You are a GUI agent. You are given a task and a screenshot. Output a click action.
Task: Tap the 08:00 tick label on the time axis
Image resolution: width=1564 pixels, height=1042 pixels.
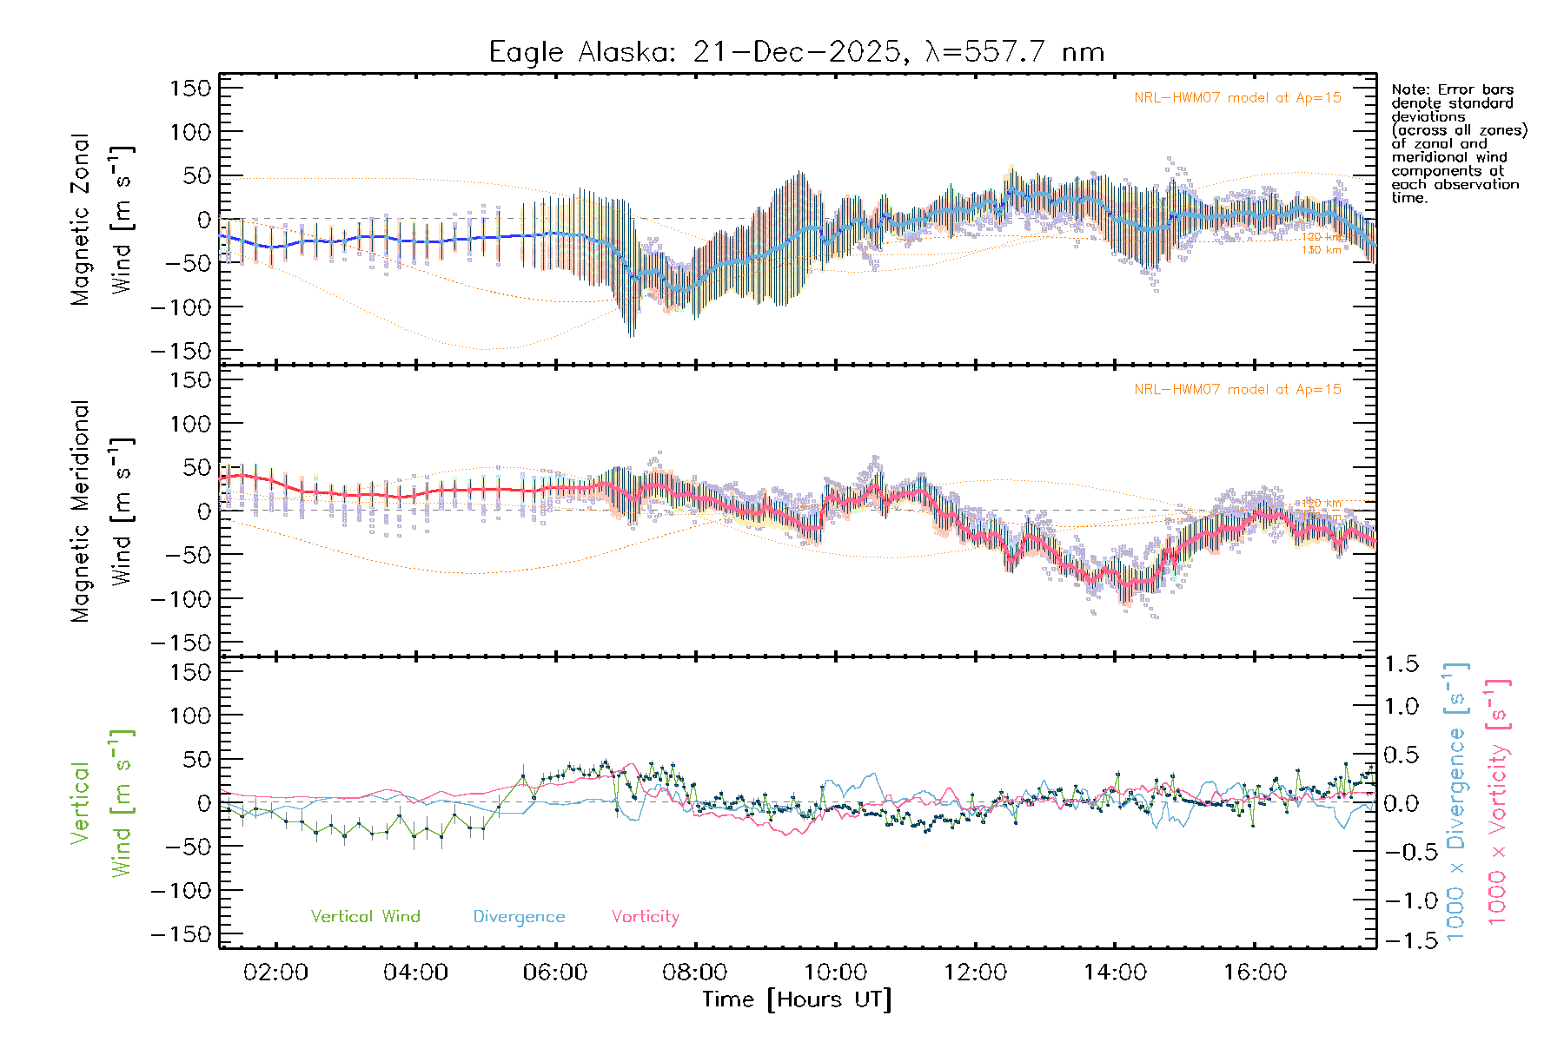(x=695, y=973)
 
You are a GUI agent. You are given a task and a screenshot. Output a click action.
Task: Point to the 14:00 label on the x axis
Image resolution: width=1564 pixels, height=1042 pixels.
(x=1115, y=973)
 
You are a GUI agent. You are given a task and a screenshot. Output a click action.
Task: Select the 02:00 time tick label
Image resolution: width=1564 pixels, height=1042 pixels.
(x=275, y=973)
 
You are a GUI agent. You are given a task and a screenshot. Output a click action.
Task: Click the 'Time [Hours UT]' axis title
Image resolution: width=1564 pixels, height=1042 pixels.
(x=797, y=999)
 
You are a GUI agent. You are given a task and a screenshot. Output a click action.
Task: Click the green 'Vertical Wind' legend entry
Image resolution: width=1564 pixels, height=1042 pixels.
(x=365, y=916)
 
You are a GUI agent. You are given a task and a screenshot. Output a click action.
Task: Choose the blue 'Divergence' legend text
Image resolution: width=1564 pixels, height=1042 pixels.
(x=519, y=916)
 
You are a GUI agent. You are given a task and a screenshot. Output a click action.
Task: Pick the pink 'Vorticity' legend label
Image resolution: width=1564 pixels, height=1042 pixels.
(x=645, y=916)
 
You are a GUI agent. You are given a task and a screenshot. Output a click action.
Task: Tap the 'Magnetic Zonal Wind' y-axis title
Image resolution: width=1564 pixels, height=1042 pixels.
(x=102, y=219)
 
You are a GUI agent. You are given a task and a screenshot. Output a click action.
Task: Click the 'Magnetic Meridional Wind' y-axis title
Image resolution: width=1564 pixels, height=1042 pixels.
(x=102, y=511)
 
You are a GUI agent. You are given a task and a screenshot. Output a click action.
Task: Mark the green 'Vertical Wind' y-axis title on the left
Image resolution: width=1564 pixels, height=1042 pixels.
(x=102, y=802)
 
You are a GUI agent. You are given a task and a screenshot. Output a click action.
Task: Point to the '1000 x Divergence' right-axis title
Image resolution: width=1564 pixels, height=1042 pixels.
(x=1456, y=802)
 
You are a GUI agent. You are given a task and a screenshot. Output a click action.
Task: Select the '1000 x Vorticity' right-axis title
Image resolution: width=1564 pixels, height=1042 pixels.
(x=1498, y=802)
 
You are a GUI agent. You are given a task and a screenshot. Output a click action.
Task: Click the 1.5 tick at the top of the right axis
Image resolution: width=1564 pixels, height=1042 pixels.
(x=1401, y=664)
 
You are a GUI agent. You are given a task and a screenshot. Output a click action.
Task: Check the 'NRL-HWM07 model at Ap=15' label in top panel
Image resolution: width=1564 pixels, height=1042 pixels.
(x=1237, y=98)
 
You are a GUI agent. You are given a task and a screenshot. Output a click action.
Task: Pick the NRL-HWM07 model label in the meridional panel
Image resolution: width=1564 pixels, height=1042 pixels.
(x=1237, y=390)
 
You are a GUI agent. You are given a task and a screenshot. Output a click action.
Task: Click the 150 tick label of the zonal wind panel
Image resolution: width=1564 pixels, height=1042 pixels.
(x=191, y=88)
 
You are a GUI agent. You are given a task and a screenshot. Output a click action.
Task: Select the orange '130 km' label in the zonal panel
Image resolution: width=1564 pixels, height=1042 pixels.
(x=1321, y=250)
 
